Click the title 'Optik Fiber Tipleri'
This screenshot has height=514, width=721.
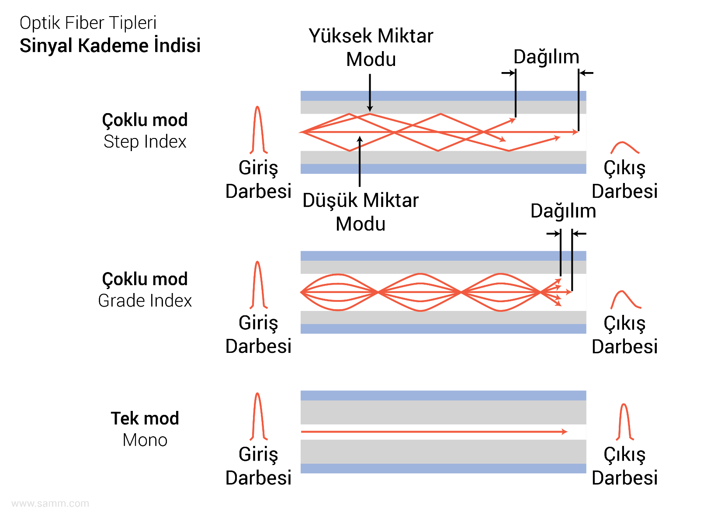click(88, 23)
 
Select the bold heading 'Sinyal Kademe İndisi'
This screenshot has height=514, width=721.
click(110, 46)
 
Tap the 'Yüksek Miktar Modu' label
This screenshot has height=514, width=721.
click(371, 48)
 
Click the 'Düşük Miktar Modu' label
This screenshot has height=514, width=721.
click(360, 212)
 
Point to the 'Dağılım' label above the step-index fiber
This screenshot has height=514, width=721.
click(546, 57)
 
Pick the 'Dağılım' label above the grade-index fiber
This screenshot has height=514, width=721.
click(563, 211)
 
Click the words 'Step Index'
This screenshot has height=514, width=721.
click(145, 142)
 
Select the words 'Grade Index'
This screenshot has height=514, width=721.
click(145, 301)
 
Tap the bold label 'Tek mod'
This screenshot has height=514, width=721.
click(145, 418)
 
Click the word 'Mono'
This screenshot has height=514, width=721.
click(145, 440)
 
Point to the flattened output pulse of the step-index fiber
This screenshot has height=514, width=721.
click(625, 148)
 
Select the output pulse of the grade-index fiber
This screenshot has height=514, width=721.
click(625, 300)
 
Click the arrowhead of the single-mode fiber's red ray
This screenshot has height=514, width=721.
click(565, 431)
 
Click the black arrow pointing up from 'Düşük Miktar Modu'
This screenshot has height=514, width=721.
click(360, 162)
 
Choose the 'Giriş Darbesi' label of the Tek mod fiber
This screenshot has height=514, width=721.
click(258, 466)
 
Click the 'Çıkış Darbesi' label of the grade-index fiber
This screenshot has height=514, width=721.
click(624, 335)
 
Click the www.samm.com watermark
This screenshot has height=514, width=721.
click(50, 504)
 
